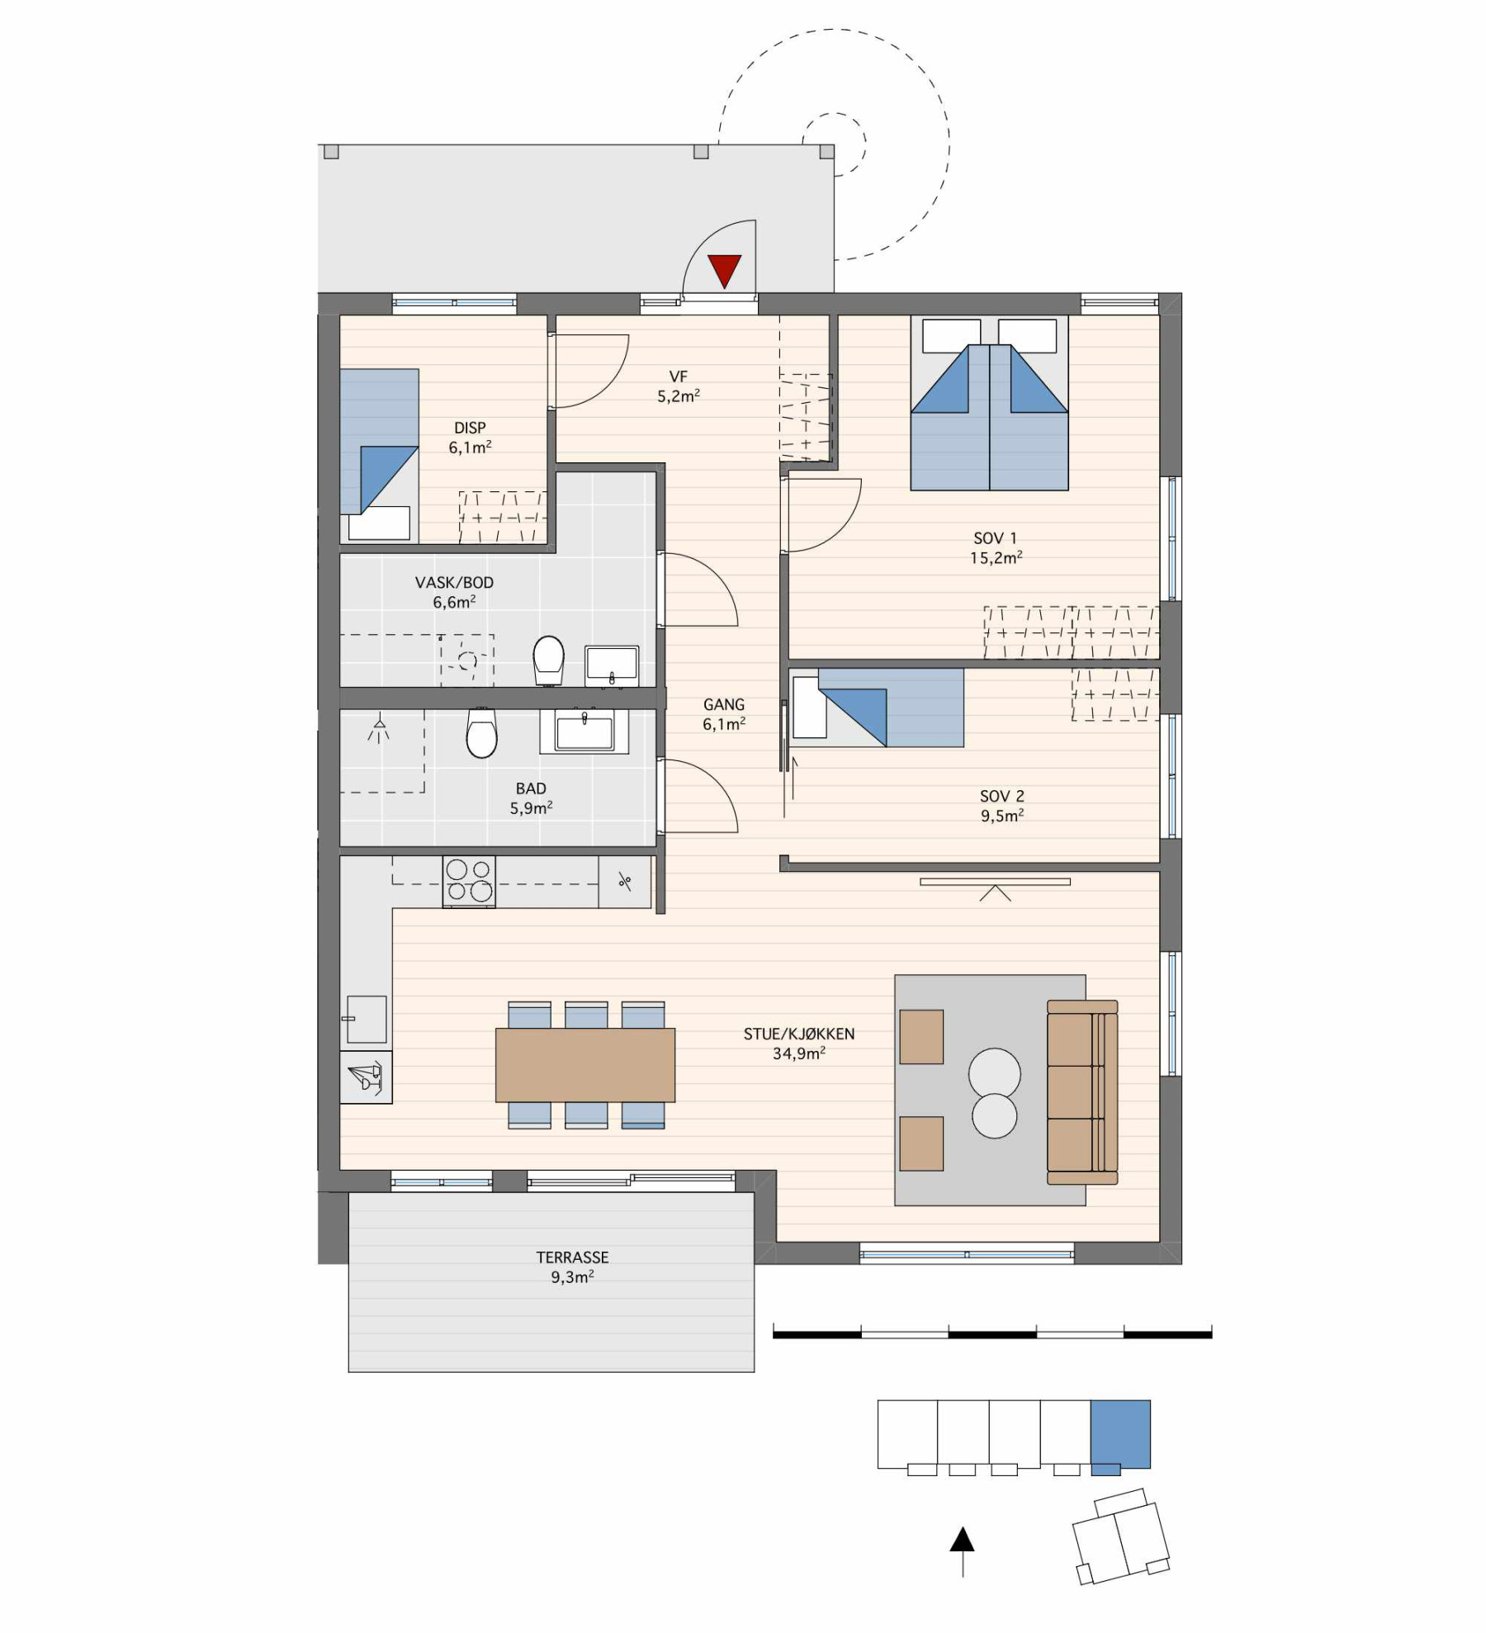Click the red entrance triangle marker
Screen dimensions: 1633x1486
724,270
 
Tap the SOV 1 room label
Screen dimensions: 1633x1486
995,538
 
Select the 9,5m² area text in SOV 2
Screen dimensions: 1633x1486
1002,816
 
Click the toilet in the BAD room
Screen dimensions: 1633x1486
481,733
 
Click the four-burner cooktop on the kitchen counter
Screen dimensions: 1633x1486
469,881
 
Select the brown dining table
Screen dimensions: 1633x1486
584,1065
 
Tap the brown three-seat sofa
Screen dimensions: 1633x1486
1081,1092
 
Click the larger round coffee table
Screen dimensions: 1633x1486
994,1073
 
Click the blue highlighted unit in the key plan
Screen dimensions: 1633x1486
1120,1434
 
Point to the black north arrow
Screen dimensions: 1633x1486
962,1541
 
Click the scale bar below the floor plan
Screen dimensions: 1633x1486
991,1333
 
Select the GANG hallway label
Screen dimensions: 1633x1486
723,704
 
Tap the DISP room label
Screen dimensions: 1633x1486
470,428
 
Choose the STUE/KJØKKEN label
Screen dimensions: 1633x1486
798,1034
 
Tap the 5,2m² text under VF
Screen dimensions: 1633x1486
678,396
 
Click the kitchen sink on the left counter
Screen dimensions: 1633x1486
366,1020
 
